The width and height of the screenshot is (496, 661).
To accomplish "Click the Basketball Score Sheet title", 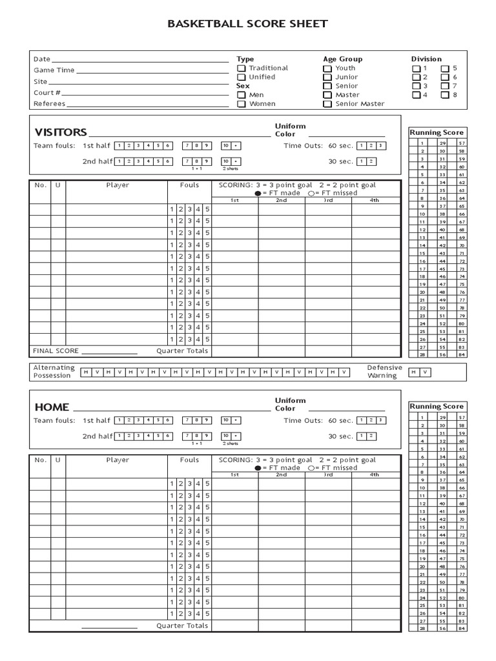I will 247,25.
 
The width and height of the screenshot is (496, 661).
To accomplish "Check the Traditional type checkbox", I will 241,68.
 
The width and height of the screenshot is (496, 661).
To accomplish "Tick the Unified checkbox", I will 241,77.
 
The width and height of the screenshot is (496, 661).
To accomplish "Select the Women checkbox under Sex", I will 241,104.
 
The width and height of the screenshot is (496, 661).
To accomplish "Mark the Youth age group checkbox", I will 327,68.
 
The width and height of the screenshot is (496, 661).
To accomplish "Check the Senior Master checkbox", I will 327,104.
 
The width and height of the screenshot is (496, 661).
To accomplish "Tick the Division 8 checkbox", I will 445,95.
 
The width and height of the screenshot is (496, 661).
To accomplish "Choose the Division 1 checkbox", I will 416,68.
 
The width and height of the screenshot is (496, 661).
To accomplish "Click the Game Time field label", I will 54,70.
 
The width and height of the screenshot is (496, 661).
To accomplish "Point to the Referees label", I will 49,104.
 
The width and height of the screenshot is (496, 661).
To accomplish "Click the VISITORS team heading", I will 61,132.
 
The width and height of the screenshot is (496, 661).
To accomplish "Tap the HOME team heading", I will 52,407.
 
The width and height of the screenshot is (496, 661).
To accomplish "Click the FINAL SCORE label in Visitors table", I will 56,351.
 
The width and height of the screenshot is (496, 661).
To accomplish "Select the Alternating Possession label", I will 54,372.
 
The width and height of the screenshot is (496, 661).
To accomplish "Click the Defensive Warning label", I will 385,372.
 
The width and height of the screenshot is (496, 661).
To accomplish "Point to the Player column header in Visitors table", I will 118,185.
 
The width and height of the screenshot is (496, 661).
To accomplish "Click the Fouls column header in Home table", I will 190,460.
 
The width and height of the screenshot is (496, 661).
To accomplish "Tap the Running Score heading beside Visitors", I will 437,132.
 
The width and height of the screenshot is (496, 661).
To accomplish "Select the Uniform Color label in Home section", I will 290,405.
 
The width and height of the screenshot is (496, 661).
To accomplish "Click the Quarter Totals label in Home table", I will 182,626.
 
